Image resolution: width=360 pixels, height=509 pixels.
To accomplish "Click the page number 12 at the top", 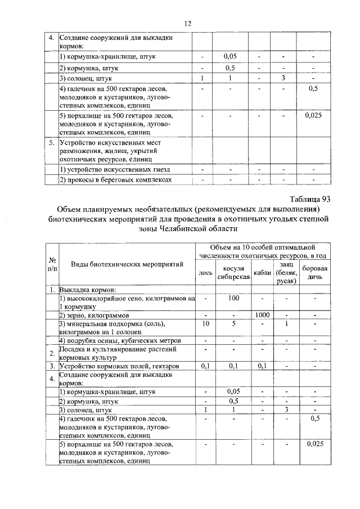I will click(x=188, y=23).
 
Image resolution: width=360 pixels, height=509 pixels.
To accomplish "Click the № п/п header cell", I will click(x=52, y=264).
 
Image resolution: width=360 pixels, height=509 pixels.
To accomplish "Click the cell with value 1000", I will click(x=262, y=316).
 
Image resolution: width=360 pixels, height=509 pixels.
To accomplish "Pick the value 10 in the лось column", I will click(x=206, y=324).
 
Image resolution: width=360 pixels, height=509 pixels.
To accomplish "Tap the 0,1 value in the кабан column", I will click(x=262, y=366).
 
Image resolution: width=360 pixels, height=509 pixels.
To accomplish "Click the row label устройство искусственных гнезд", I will click(x=115, y=169).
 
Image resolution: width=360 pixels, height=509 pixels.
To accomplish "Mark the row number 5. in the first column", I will click(x=51, y=143).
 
